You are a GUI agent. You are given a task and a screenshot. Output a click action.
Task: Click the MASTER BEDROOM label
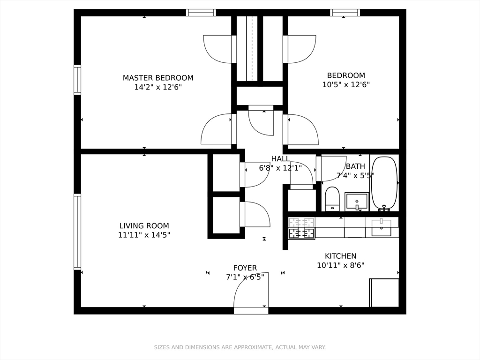coord(158,78)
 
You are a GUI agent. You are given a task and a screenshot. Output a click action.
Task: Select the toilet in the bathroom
coord(332,199)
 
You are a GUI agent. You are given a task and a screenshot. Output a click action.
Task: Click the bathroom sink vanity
coord(356,201)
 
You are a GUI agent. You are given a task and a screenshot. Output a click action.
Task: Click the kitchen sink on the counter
coord(381,228)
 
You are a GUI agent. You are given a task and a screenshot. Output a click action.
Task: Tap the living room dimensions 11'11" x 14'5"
coord(144,235)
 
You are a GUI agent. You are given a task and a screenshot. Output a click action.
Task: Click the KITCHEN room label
coord(341,256)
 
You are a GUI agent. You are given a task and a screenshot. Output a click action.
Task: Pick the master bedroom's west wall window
coord(77,80)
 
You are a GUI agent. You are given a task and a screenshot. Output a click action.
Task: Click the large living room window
coord(77,232)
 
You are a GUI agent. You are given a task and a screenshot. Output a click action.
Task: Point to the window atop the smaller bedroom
coord(345,13)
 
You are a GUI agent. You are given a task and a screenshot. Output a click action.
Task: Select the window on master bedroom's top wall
coord(201,13)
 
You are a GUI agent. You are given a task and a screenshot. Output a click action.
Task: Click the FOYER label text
coord(245,268)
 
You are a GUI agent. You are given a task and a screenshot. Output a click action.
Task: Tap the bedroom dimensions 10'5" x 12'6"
coord(346,85)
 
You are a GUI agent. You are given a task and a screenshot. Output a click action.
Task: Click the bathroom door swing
coord(334,168)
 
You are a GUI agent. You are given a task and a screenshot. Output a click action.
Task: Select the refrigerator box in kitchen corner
coord(384,293)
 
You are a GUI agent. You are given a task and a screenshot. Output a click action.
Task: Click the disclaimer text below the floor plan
coord(240,347)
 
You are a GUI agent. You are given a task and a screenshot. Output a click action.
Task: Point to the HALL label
coord(280,159)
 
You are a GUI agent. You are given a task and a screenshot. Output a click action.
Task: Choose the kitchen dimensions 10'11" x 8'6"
coord(341,265)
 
